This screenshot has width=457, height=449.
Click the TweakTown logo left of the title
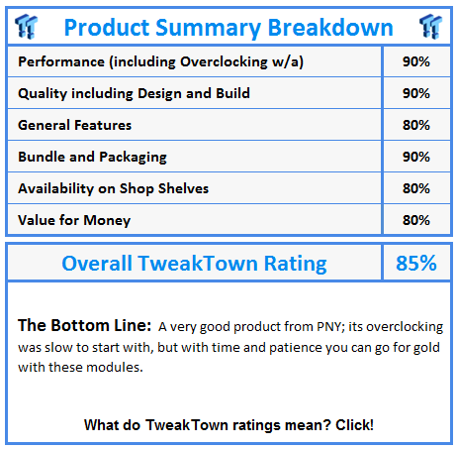click(27, 27)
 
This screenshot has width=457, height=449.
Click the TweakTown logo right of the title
click(430, 27)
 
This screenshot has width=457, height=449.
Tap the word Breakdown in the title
click(330, 28)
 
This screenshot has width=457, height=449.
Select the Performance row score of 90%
click(416, 61)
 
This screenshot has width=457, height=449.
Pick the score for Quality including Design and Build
click(416, 93)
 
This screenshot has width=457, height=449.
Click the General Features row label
click(75, 125)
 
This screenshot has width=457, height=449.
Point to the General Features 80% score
click(416, 125)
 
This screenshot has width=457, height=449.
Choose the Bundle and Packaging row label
click(92, 158)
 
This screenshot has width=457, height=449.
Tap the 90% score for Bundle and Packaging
click(416, 157)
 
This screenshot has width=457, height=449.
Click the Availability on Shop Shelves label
click(114, 188)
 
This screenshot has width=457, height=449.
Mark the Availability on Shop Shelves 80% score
click(416, 188)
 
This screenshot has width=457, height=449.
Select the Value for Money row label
click(74, 221)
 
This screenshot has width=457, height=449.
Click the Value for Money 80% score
click(416, 220)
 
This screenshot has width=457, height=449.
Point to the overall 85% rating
click(416, 264)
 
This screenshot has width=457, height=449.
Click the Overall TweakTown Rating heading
click(195, 264)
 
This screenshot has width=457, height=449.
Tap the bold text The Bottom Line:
click(85, 325)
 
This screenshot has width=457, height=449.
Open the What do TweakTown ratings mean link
click(228, 425)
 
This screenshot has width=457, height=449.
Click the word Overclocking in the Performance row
click(224, 62)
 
